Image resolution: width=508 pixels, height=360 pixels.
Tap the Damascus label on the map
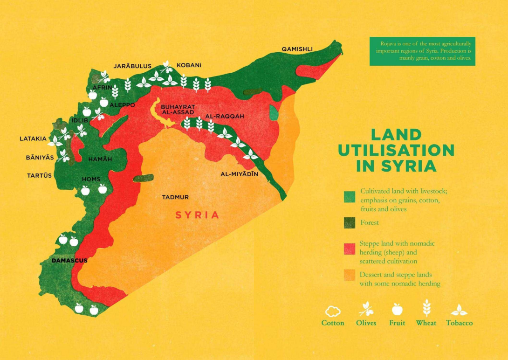[x=69, y=260]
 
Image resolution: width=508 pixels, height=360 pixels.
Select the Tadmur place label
[x=175, y=197]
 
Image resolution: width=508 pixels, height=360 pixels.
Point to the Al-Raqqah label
[x=225, y=116]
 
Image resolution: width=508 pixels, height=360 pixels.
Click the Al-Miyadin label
[x=239, y=174]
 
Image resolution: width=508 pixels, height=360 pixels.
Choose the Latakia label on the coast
[x=33, y=138]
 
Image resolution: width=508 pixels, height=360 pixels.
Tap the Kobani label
[x=189, y=66]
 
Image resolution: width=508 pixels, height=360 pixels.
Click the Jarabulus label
[x=132, y=66]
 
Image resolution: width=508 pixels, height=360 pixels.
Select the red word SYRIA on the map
[x=197, y=215]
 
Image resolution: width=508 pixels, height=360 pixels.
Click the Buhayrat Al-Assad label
[x=178, y=110]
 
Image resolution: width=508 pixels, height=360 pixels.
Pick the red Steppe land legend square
[x=349, y=249]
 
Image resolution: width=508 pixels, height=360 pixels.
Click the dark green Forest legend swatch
[x=349, y=223]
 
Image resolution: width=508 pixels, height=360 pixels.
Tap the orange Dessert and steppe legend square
[x=349, y=276]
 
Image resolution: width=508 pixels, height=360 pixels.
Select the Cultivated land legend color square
[x=349, y=197]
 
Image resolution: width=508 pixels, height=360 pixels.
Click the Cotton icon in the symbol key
[x=333, y=311]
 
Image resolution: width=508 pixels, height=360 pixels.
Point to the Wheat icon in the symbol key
[x=426, y=308]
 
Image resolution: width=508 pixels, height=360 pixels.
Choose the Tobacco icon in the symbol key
[x=459, y=310]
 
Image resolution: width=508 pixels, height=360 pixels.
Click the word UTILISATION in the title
[x=396, y=150]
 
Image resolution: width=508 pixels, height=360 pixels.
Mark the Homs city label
[x=91, y=179]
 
